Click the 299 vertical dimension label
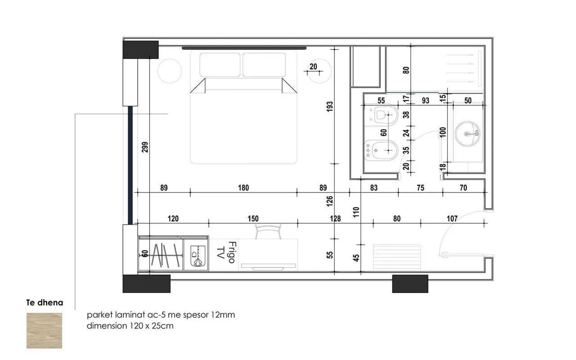(145, 147)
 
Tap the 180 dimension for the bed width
(243, 188)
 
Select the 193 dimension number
(329, 107)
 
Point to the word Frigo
(232, 252)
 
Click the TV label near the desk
(220, 253)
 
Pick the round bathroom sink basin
(467, 134)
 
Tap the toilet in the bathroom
(381, 116)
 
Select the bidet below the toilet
(381, 150)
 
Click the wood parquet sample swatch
(44, 331)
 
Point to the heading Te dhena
(45, 303)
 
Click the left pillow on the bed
(220, 65)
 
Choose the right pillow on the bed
(264, 65)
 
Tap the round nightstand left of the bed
(170, 71)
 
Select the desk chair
(268, 231)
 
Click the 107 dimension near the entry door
(452, 219)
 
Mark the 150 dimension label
(253, 219)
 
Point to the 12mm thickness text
(223, 315)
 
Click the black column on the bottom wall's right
(410, 283)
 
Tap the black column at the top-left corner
(140, 49)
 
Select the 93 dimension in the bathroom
(426, 100)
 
